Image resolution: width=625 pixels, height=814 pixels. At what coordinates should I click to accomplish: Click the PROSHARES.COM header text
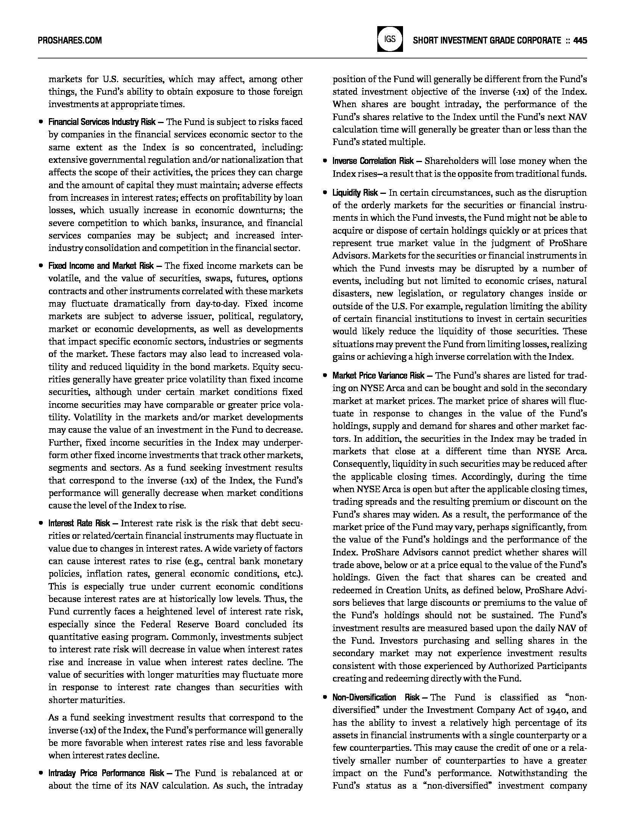click(70, 40)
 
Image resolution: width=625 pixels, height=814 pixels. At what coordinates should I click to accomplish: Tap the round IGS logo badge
click(390, 39)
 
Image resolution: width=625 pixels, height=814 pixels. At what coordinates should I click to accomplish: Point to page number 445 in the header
click(580, 40)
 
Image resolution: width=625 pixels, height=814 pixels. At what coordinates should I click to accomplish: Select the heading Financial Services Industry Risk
click(102, 122)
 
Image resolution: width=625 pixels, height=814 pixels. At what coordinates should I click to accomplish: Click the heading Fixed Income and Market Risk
click(101, 266)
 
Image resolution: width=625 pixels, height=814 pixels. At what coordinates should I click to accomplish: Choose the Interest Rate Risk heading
click(79, 523)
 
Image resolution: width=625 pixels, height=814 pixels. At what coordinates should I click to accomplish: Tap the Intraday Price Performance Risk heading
click(106, 773)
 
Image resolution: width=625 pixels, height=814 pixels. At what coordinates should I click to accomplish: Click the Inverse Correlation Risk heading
click(373, 161)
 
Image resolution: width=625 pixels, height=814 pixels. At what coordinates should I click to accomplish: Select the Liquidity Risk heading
click(355, 193)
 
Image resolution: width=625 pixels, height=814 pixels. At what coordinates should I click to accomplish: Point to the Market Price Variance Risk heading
click(378, 376)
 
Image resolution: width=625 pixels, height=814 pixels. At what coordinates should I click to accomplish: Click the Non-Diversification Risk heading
click(376, 697)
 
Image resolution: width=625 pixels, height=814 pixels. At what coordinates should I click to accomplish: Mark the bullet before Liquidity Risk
click(325, 193)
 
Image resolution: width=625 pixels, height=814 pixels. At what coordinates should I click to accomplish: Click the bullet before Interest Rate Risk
click(41, 523)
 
